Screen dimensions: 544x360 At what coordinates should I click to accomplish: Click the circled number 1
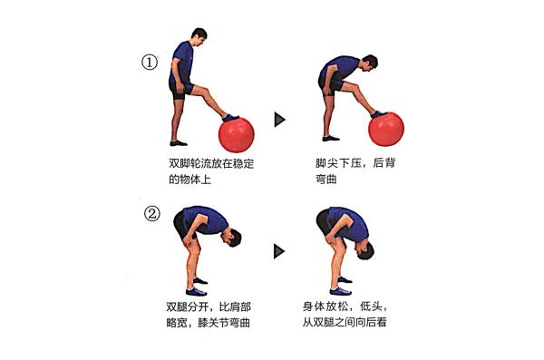pyautogui.click(x=150, y=63)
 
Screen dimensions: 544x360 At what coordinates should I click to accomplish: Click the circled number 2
pyautogui.click(x=152, y=213)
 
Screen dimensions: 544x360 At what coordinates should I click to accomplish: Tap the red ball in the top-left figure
pyautogui.click(x=237, y=135)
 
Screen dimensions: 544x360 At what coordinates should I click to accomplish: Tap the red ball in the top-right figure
pyautogui.click(x=386, y=129)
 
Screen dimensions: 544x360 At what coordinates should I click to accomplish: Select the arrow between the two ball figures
pyautogui.click(x=279, y=120)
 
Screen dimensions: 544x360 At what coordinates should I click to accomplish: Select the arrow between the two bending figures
pyautogui.click(x=279, y=251)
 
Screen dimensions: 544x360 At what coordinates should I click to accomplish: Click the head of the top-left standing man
pyautogui.click(x=199, y=36)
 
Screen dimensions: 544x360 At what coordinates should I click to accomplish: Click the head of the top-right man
pyautogui.click(x=369, y=63)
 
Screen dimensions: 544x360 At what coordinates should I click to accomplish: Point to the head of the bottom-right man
pyautogui.click(x=364, y=250)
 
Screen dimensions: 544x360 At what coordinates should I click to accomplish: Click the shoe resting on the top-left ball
pyautogui.click(x=230, y=117)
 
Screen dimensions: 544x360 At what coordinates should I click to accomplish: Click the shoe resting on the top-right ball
pyautogui.click(x=379, y=114)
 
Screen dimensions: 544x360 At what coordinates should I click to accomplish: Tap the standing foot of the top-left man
pyautogui.click(x=179, y=142)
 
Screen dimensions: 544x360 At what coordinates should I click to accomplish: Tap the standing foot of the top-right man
pyautogui.click(x=331, y=139)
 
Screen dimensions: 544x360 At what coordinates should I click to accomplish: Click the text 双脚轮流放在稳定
pyautogui.click(x=211, y=163)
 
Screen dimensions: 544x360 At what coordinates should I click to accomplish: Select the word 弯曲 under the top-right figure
pyautogui.click(x=325, y=180)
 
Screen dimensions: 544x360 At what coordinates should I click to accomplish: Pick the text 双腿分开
pyautogui.click(x=188, y=306)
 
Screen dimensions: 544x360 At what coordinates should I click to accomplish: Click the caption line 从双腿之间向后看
pyautogui.click(x=345, y=322)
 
